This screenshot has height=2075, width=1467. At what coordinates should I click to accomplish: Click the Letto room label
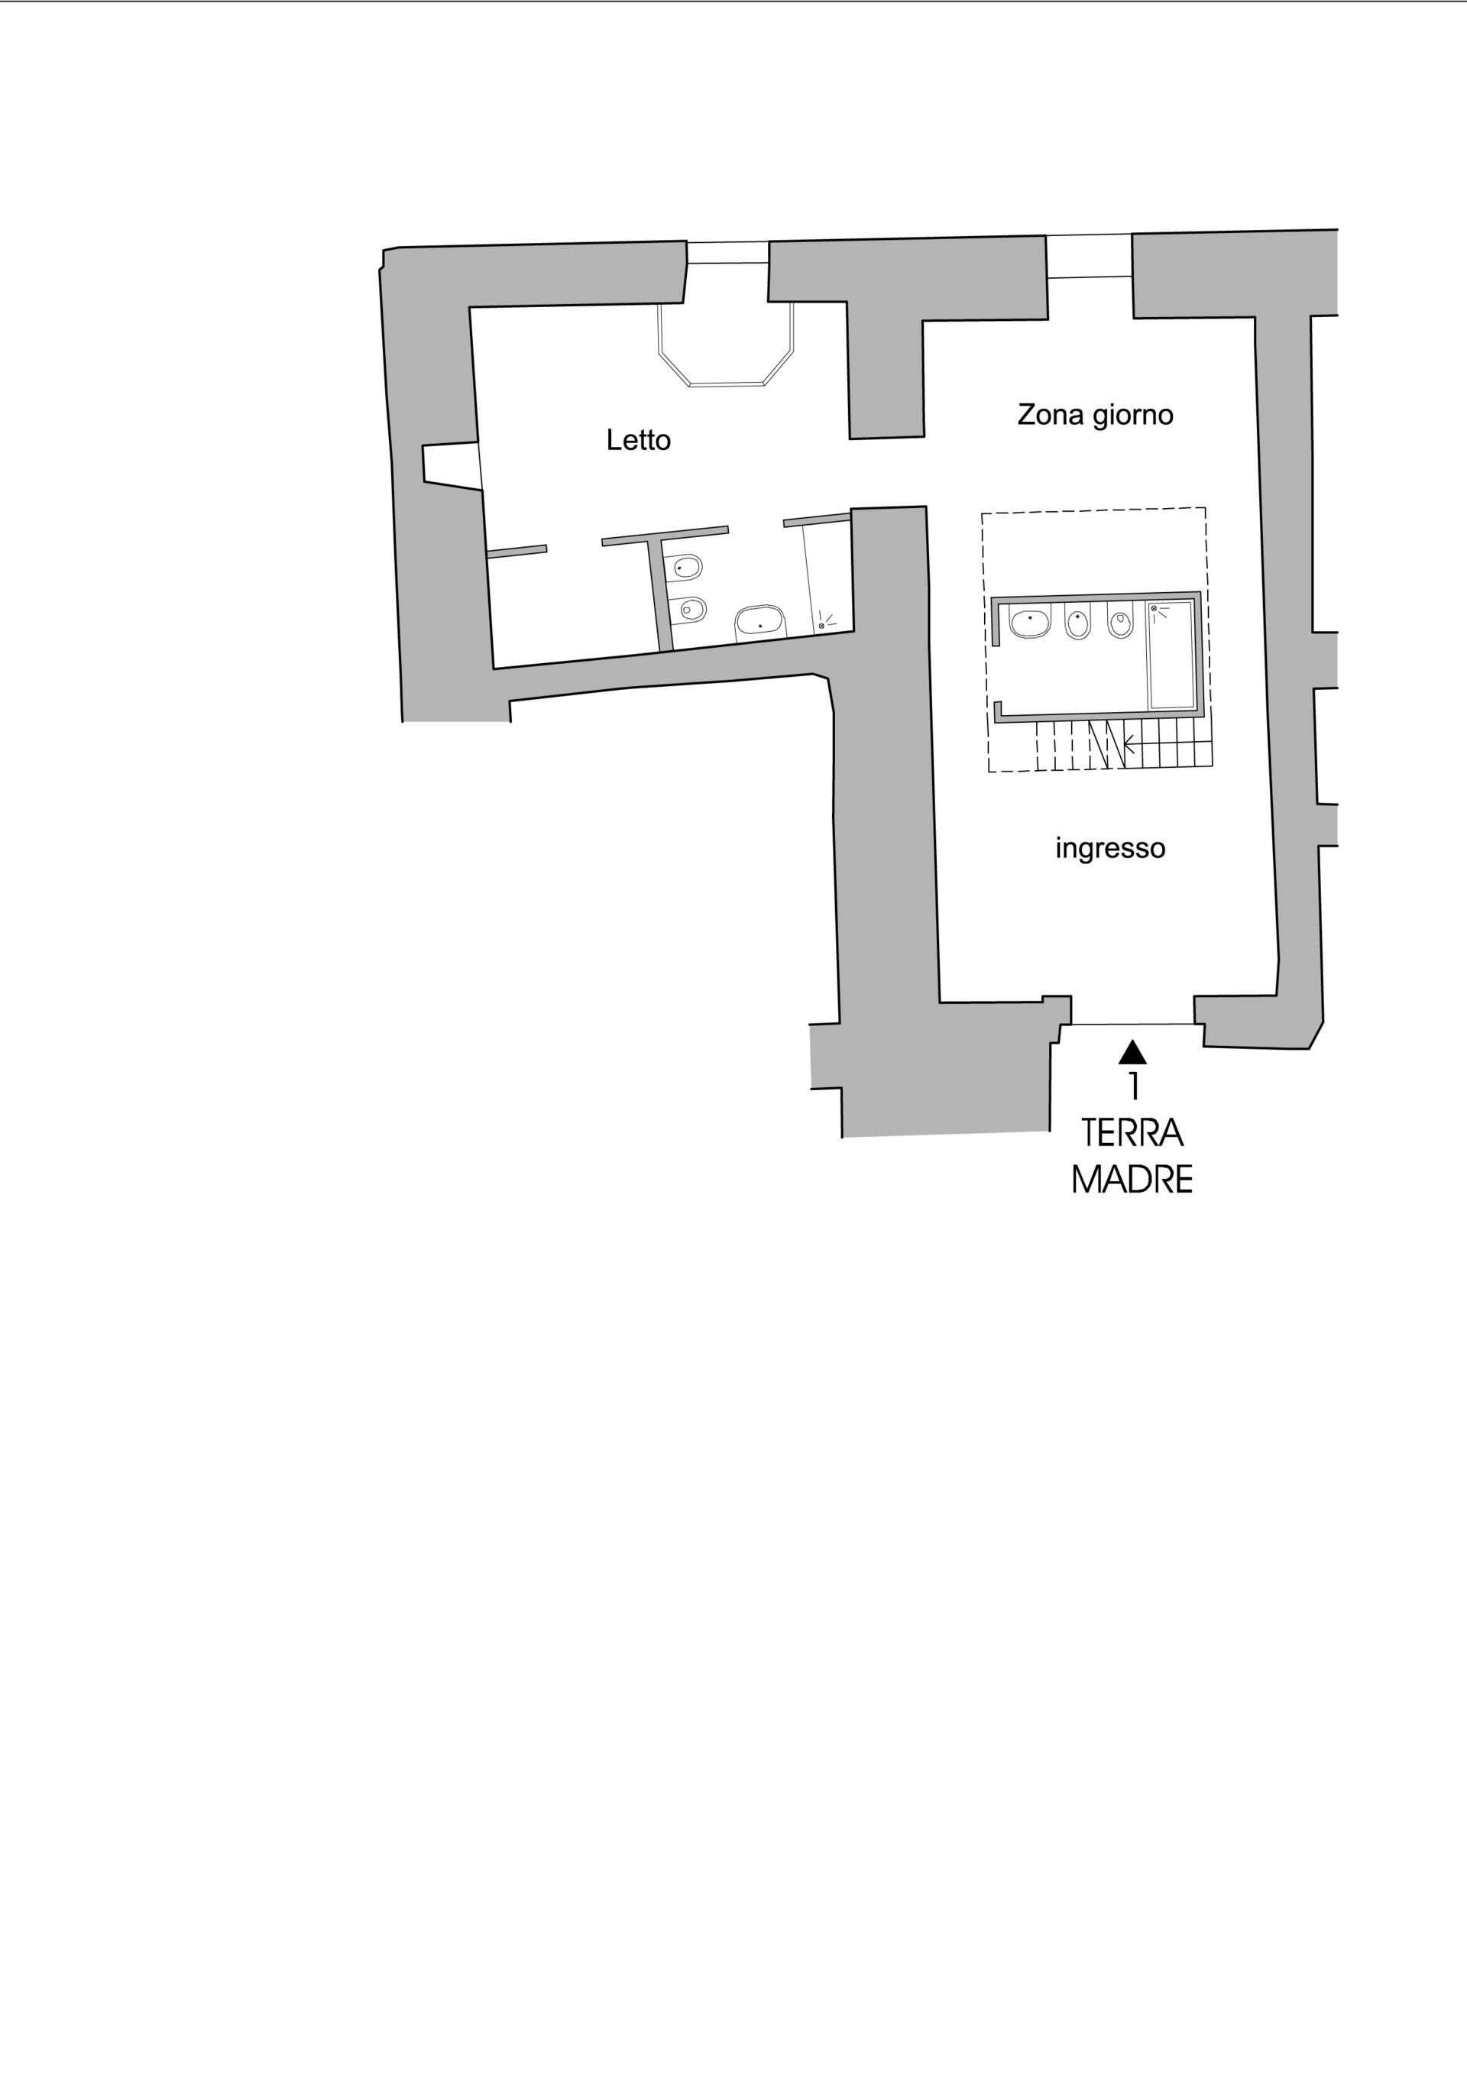tap(638, 440)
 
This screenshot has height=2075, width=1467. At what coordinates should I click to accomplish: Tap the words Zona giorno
tap(1096, 415)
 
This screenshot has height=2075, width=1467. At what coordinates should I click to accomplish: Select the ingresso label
tap(1110, 849)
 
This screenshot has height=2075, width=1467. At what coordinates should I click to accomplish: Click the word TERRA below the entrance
tap(1132, 1133)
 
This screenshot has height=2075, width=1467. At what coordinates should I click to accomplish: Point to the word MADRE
tap(1132, 1180)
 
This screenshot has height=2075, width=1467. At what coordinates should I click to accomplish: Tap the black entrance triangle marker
tap(1132, 1052)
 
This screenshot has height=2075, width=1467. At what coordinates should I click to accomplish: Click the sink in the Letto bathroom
tap(760, 622)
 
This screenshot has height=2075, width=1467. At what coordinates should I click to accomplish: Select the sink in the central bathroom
tap(1031, 623)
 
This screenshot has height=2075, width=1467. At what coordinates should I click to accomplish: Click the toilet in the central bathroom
tap(1121, 623)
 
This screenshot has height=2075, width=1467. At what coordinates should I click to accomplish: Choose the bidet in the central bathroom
tap(1077, 624)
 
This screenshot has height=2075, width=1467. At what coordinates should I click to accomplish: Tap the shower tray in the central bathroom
tap(1171, 656)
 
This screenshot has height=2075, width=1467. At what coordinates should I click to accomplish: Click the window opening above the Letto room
tap(727, 252)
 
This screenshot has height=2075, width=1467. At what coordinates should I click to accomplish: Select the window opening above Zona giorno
tap(1090, 256)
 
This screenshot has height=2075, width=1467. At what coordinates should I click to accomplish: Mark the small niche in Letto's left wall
tap(450, 465)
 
